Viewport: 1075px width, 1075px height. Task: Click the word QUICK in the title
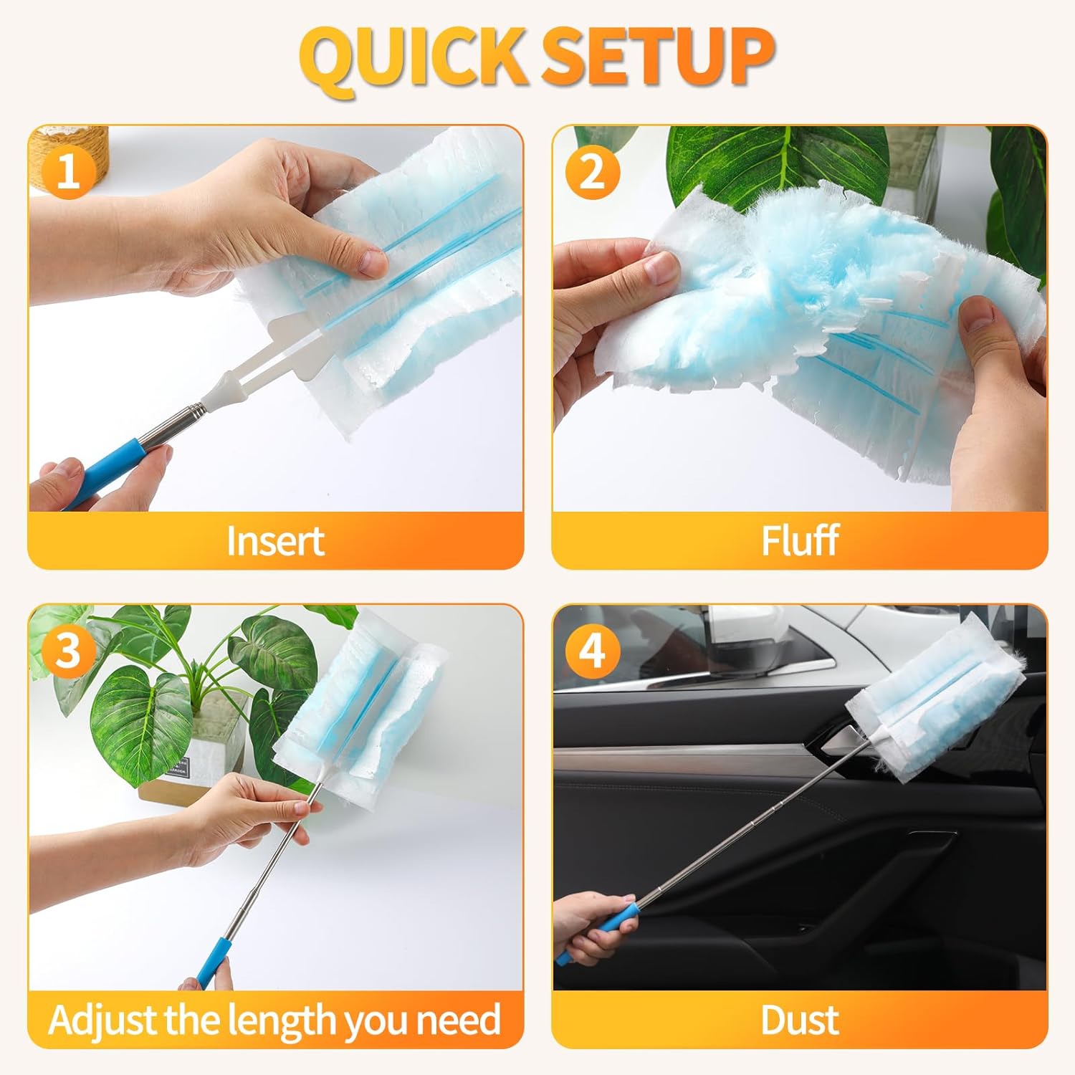pos(414,58)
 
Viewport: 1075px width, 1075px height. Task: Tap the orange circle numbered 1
pos(68,173)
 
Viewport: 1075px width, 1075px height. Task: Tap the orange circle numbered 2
pos(592,173)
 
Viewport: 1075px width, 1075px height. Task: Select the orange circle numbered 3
pos(68,651)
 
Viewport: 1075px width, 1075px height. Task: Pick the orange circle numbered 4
pos(592,651)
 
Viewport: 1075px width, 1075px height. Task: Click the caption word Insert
pos(275,541)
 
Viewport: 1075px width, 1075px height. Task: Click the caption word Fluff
pos(800,540)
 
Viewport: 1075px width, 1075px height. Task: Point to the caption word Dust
pos(800,1020)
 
